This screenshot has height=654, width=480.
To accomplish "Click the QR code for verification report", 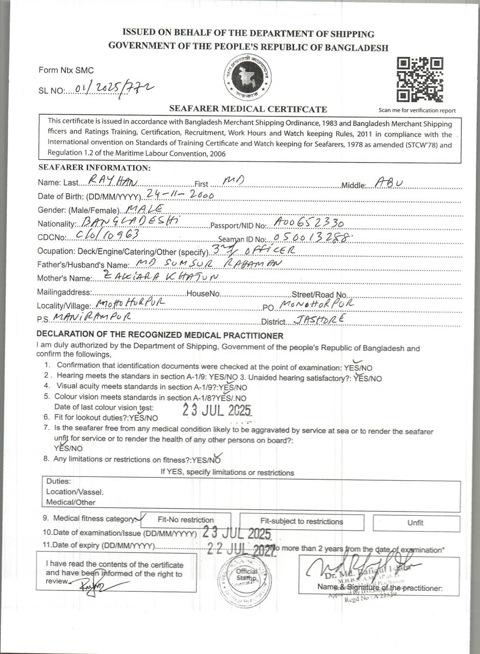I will (x=419, y=80).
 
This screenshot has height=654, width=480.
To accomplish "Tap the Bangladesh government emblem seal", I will (x=247, y=78).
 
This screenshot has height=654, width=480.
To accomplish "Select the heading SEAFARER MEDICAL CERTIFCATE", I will (x=248, y=109).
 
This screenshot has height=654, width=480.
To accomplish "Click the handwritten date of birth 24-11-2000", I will (x=180, y=194).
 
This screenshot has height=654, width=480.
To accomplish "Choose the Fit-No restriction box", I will (x=185, y=520).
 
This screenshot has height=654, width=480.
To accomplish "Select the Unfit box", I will (x=415, y=523).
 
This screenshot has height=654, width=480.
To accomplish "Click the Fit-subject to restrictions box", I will (x=302, y=521).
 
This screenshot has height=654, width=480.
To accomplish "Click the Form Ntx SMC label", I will (x=66, y=70).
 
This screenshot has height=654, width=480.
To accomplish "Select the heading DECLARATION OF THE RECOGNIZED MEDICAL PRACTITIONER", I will (x=160, y=335).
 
